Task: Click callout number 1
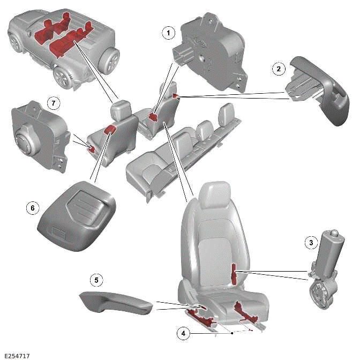click(x=169, y=33)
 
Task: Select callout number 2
click(x=277, y=69)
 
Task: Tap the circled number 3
click(x=309, y=242)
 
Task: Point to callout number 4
click(x=184, y=333)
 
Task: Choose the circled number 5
click(x=96, y=280)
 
